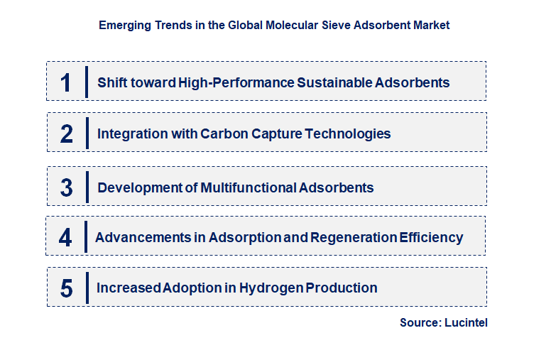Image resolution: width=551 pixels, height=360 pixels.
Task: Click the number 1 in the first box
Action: (x=66, y=82)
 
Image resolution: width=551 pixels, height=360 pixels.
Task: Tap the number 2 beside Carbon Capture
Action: (x=67, y=133)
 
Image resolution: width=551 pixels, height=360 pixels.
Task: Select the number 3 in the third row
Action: (x=67, y=188)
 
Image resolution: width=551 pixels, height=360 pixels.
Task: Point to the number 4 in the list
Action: (x=65, y=237)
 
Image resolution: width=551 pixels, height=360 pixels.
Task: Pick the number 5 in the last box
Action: (x=67, y=288)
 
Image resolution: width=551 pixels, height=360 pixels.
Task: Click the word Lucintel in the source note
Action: (x=467, y=322)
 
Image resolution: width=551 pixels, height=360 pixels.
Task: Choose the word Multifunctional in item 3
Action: (x=249, y=188)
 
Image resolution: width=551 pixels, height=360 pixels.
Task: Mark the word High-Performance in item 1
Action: (x=236, y=82)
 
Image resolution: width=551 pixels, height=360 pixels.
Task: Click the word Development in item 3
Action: (x=138, y=188)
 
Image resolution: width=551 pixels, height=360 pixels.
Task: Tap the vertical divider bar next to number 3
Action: (x=87, y=187)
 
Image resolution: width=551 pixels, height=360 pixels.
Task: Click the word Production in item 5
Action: (x=343, y=288)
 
